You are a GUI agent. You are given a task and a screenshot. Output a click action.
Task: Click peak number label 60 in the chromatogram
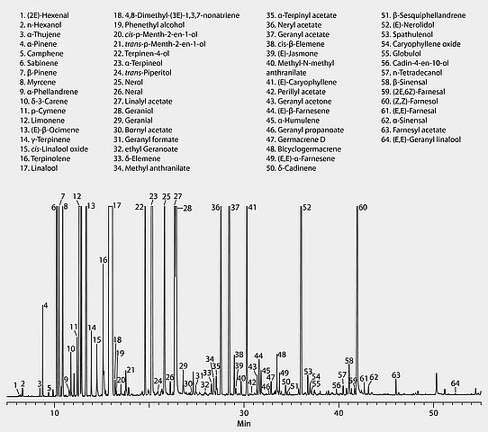pos(363,208)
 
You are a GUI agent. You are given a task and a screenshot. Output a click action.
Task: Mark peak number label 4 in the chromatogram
pos(45,307)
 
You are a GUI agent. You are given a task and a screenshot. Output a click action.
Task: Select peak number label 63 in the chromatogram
pos(396,374)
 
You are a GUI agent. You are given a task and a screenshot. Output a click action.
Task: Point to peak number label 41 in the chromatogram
pos(252,208)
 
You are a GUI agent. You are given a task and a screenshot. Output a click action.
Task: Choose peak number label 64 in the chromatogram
pos(456,383)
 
